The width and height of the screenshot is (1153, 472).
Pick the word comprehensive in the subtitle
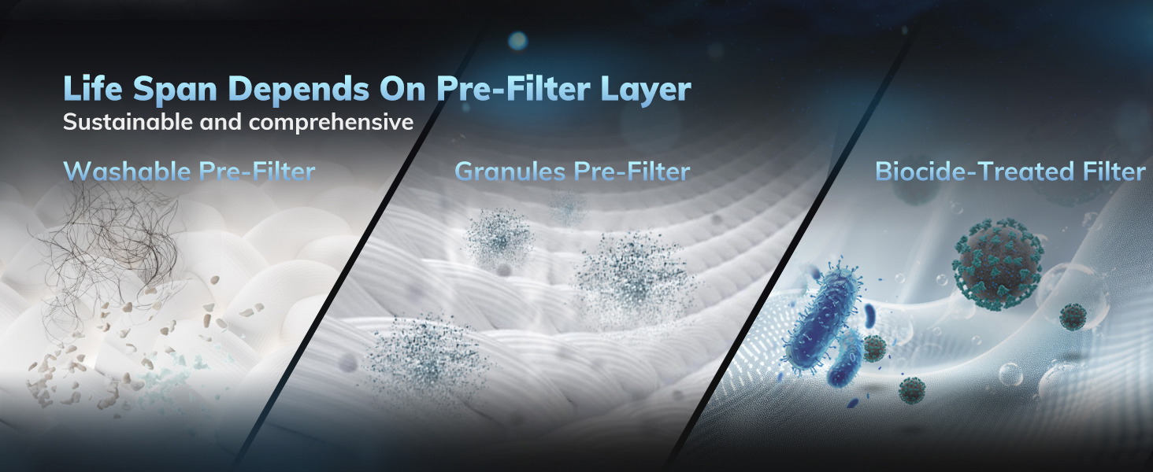coord(330,123)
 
